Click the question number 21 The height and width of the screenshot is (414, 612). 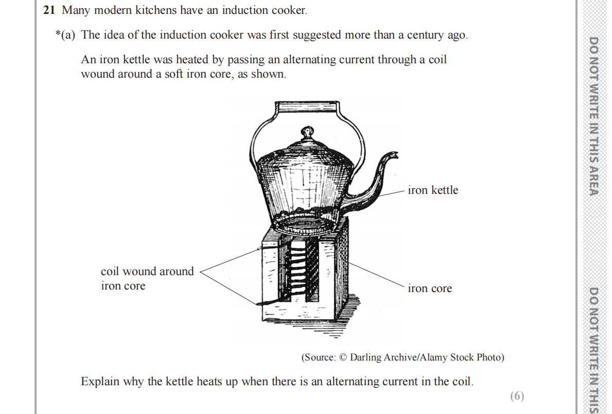[x=49, y=10]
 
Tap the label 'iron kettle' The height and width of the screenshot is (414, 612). [x=432, y=190]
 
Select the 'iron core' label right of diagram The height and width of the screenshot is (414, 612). [x=430, y=289]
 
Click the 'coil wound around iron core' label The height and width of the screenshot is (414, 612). [x=147, y=278]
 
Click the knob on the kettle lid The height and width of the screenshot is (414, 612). [x=307, y=134]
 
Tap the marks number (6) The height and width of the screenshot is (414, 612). [x=517, y=396]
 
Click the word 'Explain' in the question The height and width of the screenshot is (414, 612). [x=100, y=382]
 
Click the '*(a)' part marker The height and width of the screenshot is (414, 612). [x=65, y=35]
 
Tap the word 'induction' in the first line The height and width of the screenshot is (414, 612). [x=241, y=10]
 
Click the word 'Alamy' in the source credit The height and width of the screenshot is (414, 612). [x=431, y=357]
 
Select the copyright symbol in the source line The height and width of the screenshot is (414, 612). [x=343, y=357]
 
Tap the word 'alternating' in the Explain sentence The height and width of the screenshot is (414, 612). [x=354, y=382]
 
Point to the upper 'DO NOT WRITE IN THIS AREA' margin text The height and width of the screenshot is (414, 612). [x=593, y=116]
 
